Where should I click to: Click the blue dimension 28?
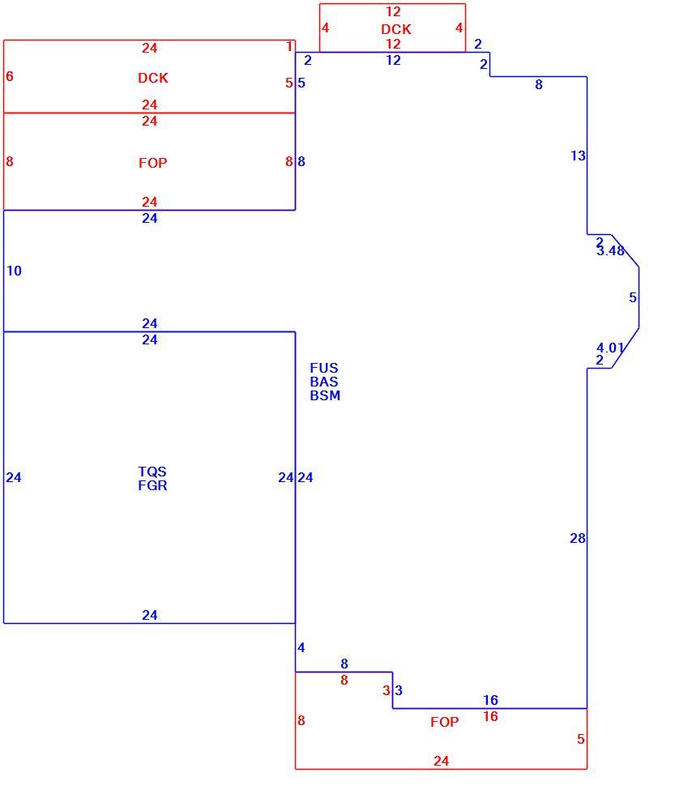point(577,538)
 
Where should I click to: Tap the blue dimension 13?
point(578,156)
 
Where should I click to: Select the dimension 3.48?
point(610,250)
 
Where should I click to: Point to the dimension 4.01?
point(609,348)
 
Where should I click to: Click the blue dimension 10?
point(14,271)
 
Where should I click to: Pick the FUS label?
point(324,368)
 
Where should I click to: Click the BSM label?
point(325,395)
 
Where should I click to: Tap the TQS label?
point(152,472)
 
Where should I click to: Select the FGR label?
point(152,485)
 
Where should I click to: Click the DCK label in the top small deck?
point(396,29)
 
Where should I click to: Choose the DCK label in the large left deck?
point(153,78)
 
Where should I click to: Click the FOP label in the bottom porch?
point(445,722)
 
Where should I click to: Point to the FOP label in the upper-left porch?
point(153,163)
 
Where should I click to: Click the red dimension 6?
point(10,76)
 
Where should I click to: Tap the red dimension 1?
point(289,47)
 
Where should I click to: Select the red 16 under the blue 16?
point(490,716)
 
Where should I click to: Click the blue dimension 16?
point(490,700)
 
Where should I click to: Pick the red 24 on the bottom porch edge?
point(441,761)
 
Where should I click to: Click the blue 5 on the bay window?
point(633,298)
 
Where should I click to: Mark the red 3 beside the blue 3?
point(387,690)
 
